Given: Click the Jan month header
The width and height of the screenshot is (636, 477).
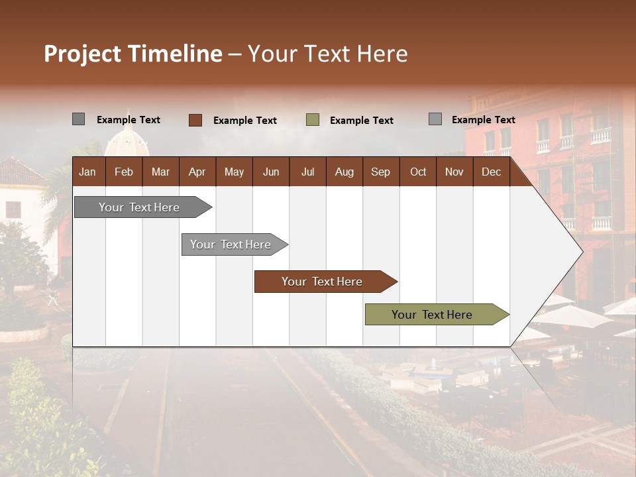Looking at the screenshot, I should click(x=87, y=172).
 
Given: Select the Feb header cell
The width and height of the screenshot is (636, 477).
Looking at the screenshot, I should click(x=124, y=172).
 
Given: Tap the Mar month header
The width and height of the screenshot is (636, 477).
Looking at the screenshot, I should click(x=160, y=172).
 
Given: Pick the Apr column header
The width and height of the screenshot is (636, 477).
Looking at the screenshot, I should click(x=197, y=172).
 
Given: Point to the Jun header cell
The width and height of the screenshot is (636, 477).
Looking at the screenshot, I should click(x=271, y=172).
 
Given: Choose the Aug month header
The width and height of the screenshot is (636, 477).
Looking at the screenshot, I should click(x=344, y=172).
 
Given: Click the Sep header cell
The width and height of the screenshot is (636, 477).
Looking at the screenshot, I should click(x=380, y=172).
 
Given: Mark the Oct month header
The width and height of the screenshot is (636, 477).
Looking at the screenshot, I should click(x=418, y=172).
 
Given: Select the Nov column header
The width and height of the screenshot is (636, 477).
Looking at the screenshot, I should click(x=454, y=172).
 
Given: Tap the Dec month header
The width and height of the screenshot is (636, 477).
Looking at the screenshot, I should click(x=491, y=172).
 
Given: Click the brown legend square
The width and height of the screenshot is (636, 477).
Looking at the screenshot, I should click(x=195, y=120).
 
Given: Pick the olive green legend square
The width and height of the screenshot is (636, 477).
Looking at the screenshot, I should click(x=313, y=120).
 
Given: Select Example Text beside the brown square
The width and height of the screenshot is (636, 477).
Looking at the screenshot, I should click(x=244, y=121).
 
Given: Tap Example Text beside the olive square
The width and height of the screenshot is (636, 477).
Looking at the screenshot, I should click(x=361, y=121).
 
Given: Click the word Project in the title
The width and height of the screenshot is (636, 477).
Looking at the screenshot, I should click(x=83, y=54).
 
